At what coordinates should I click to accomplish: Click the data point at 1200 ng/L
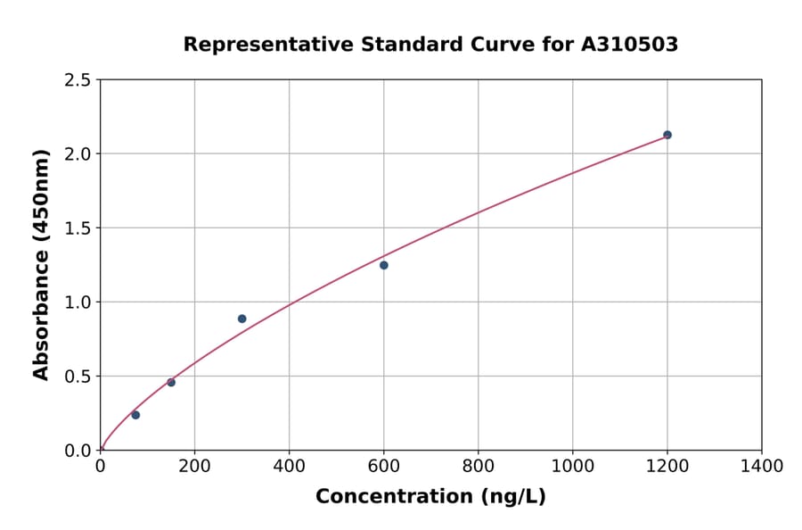(x=667, y=135)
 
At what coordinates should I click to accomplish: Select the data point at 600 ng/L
(x=384, y=265)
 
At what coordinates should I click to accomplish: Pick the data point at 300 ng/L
(x=242, y=319)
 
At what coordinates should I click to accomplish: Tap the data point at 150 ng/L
(x=171, y=383)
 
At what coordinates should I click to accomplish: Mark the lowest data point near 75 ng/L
(x=135, y=415)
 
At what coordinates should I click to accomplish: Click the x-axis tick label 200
(x=194, y=466)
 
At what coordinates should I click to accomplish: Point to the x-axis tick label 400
(x=289, y=466)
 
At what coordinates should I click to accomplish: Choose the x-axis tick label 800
(x=478, y=466)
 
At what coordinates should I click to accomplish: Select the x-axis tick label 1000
(x=572, y=466)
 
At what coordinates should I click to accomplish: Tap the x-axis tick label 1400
(x=761, y=466)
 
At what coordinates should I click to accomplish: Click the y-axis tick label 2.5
(x=78, y=80)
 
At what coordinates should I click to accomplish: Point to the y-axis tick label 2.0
(x=78, y=154)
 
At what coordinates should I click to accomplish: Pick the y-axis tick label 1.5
(x=78, y=228)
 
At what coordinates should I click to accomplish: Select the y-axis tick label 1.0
(x=78, y=302)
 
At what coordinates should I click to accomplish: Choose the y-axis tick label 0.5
(x=78, y=377)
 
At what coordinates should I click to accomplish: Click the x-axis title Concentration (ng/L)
(x=430, y=497)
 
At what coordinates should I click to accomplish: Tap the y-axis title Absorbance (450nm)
(x=41, y=264)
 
